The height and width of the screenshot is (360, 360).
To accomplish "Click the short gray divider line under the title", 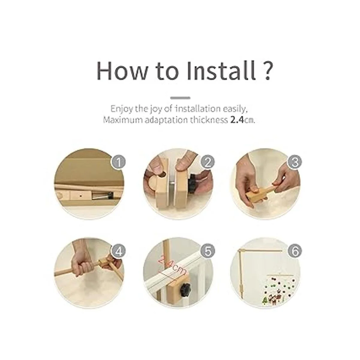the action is (x=180, y=98).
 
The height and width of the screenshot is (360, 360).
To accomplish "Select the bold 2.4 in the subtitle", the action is (x=237, y=120).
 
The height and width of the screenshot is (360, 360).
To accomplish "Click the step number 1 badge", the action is (x=118, y=162).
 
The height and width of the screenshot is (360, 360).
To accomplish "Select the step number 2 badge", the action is (x=207, y=162).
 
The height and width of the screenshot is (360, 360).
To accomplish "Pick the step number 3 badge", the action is (x=295, y=162).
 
